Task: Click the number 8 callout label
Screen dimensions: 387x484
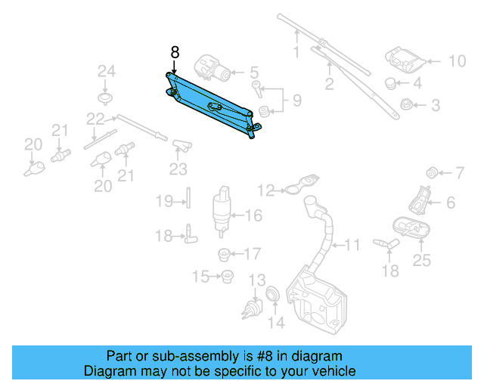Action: pyautogui.click(x=175, y=52)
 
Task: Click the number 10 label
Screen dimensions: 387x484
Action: pyautogui.click(x=458, y=61)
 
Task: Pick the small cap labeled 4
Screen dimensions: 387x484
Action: pyautogui.click(x=391, y=82)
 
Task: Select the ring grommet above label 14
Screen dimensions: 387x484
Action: pyautogui.click(x=273, y=293)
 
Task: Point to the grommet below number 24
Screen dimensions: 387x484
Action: pyautogui.click(x=106, y=98)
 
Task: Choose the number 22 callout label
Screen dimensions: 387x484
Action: pyautogui.click(x=95, y=119)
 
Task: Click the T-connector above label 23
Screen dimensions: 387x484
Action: pyautogui.click(x=180, y=144)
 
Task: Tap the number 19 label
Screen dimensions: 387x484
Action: pyautogui.click(x=165, y=201)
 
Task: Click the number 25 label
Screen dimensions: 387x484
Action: pyautogui.click(x=421, y=261)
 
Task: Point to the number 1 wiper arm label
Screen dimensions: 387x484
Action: pyautogui.click(x=296, y=52)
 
